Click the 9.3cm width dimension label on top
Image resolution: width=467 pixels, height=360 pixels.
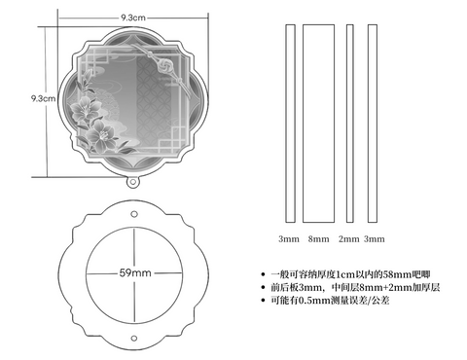point(133,18)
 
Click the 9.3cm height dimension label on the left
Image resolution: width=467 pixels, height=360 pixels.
point(43,98)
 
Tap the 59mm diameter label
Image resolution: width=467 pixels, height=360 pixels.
point(135,272)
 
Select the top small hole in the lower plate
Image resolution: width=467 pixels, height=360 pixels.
point(134,214)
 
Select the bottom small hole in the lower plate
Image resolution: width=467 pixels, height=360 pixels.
point(134,338)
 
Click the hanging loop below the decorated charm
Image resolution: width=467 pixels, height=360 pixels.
point(132,182)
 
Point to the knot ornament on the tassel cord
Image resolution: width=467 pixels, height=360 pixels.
point(165,65)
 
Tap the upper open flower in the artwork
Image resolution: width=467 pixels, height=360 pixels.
point(84,108)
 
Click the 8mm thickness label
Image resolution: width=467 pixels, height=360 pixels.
point(318,239)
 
